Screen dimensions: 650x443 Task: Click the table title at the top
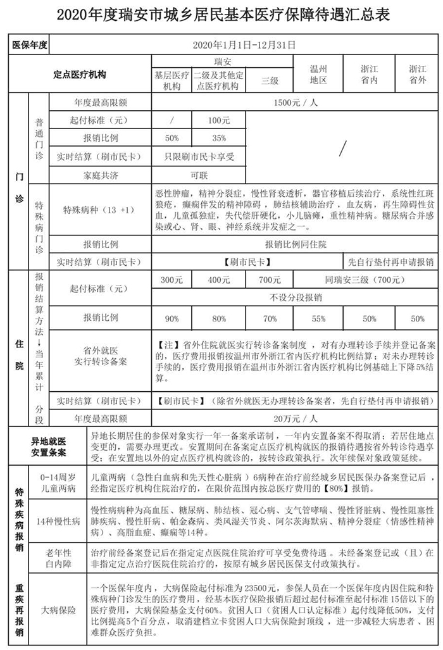coord(221,14)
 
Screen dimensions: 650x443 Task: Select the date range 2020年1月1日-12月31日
coord(243,46)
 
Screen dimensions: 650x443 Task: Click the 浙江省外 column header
coord(417,74)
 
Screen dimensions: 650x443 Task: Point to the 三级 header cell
coord(270,80)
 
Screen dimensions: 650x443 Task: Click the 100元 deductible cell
coord(218,120)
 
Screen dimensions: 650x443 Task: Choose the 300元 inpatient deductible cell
coord(171,279)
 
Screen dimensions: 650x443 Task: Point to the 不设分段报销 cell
coord(296,297)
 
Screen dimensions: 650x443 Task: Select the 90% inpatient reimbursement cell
coord(171,318)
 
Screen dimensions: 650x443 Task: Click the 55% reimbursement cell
coord(318,318)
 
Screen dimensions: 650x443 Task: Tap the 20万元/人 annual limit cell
coord(296,418)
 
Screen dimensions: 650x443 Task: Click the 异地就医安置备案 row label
coord(49,446)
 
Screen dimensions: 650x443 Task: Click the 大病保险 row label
coord(59,610)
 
